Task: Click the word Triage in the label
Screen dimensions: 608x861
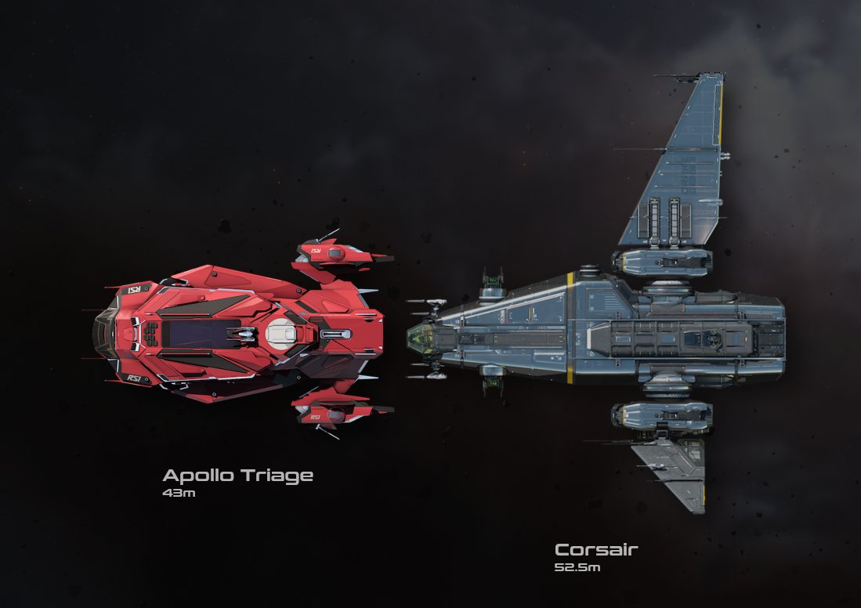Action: coord(277,476)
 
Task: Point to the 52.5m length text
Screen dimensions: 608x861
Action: coord(577,566)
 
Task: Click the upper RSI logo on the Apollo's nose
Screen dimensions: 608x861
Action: coord(134,289)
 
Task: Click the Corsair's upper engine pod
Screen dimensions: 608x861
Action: coord(662,261)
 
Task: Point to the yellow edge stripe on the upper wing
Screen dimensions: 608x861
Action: coord(719,110)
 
